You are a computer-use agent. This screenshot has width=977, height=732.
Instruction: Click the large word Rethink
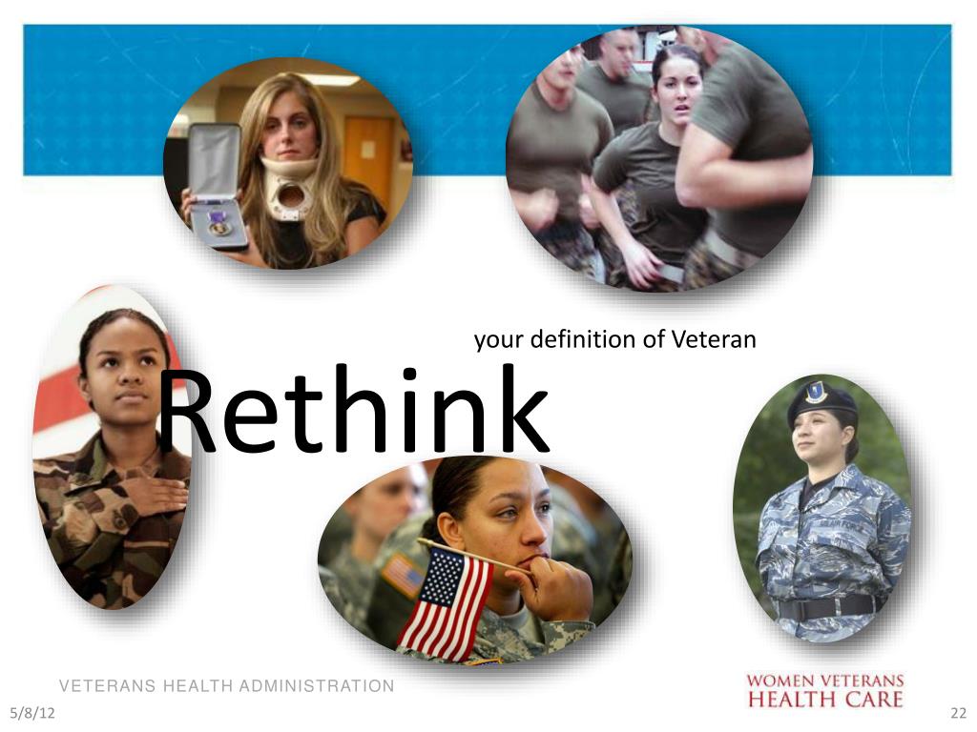pos(353,412)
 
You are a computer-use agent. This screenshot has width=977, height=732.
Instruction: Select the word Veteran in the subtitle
pos(713,338)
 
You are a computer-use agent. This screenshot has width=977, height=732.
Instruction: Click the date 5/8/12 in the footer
pos(28,714)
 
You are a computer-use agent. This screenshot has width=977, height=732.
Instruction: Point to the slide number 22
pos(958,714)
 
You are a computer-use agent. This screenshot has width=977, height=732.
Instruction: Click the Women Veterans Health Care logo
pos(824,690)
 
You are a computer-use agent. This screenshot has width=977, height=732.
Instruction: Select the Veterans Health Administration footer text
pos(226,686)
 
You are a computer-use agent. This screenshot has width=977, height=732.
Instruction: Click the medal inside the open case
pos(218,226)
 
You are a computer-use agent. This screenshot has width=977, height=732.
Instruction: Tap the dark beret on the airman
pos(820,400)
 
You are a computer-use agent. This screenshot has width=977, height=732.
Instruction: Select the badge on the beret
pos(815,392)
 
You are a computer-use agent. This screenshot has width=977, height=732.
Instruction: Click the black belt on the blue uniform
pos(826,607)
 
